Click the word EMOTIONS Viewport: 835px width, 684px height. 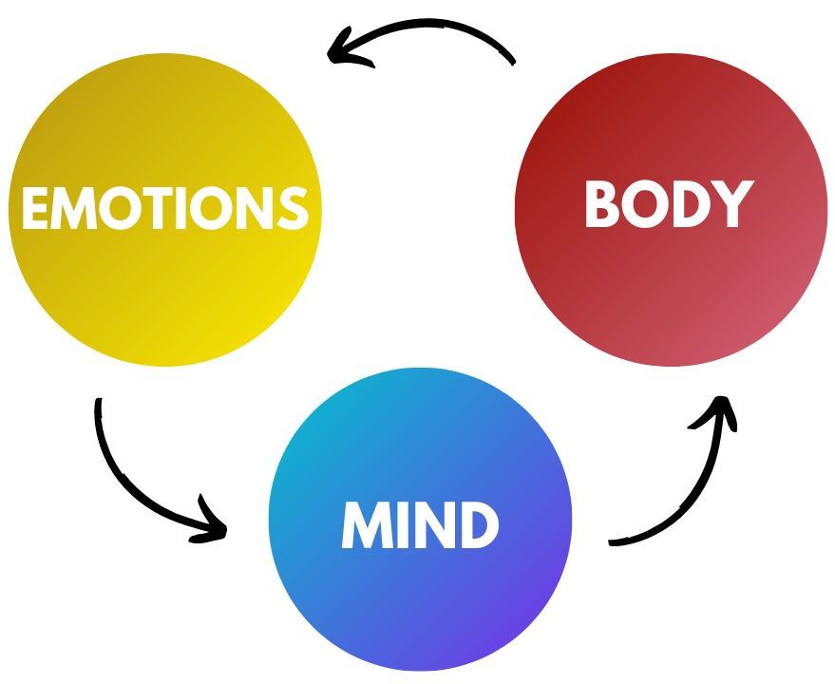coord(164,208)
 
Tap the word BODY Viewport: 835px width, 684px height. coord(668,204)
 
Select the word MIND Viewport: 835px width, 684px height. coord(420,525)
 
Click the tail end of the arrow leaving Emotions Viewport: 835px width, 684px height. coord(98,404)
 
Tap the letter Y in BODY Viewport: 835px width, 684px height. coord(732,204)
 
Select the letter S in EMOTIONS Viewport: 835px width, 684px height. coord(292,208)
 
